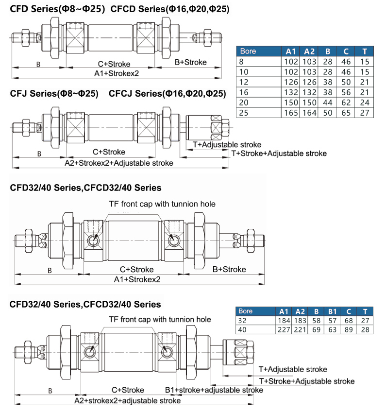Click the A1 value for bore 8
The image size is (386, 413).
(290, 62)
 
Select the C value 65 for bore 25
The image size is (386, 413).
(346, 113)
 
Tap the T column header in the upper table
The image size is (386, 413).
(364, 51)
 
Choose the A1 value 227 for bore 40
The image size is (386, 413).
(284, 329)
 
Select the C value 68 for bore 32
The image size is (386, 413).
(348, 321)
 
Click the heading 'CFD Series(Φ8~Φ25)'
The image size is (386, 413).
(57, 9)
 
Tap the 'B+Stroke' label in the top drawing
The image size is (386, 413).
(190, 62)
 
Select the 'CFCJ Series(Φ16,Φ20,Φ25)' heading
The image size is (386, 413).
(167, 93)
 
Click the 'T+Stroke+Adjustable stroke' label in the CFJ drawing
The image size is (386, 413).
(279, 154)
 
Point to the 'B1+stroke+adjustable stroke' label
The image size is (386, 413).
(214, 390)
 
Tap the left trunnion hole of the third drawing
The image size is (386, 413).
(93, 240)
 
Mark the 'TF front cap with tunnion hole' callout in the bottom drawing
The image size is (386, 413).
(159, 319)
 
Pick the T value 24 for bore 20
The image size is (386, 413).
(365, 103)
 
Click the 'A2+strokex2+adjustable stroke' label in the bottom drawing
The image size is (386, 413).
(127, 401)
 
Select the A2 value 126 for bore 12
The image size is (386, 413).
(309, 82)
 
